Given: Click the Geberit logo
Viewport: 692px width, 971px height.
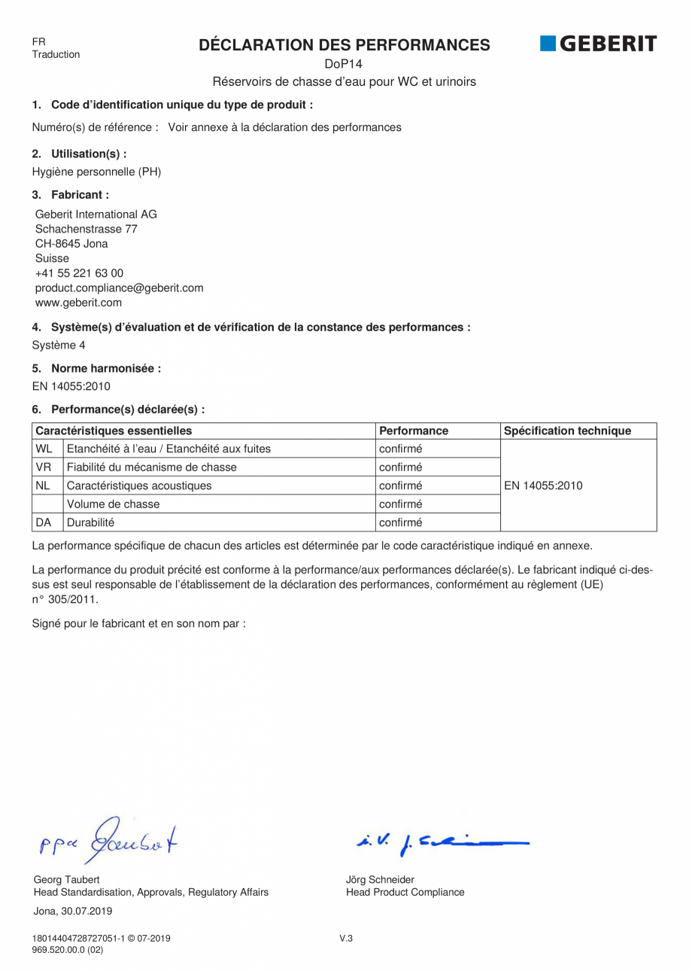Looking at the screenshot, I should (598, 44).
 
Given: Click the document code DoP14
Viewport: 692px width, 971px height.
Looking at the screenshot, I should (344, 64).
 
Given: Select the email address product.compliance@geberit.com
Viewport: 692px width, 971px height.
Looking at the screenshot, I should (119, 288).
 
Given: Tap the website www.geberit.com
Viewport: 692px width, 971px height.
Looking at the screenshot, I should (78, 303).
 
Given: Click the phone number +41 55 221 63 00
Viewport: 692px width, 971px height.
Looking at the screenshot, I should (79, 273).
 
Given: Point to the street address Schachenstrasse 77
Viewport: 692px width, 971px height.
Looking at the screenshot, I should (86, 229).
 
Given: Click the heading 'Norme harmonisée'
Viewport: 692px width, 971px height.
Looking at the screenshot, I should (105, 368).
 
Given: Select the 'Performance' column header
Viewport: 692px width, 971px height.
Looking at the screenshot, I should (414, 431).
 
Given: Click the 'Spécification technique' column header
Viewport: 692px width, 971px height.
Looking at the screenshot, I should (567, 431).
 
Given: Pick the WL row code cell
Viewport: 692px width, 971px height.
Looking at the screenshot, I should (44, 449).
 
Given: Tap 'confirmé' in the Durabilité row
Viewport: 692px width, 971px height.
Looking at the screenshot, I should (400, 522).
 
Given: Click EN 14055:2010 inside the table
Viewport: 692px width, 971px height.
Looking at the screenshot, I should (543, 485).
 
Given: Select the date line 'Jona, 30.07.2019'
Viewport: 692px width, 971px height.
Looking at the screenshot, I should (73, 911).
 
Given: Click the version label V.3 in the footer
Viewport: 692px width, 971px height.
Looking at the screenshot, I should (346, 938).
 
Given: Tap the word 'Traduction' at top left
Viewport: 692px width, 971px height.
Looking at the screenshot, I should (56, 54).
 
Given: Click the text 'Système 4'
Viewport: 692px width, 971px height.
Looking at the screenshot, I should (59, 345).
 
